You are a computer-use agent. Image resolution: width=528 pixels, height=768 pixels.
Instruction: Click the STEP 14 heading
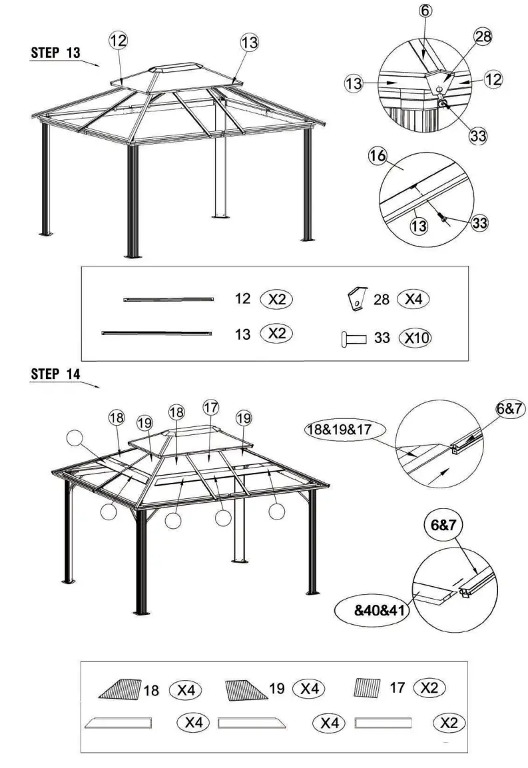[55, 374]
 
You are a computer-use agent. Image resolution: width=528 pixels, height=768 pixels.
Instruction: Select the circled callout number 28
[482, 37]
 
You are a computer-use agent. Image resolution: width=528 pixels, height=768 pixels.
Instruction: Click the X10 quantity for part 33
[415, 338]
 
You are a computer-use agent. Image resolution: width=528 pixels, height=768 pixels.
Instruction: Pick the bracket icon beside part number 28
[358, 299]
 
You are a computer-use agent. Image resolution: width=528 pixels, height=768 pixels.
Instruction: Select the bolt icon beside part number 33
[354, 339]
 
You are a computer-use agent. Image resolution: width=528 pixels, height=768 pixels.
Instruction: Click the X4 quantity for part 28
[413, 300]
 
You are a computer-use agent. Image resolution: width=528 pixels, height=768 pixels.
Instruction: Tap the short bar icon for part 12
[169, 300]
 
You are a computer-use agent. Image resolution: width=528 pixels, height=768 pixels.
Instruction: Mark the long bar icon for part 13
[157, 332]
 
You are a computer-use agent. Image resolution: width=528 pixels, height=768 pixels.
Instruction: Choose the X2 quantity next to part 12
[276, 299]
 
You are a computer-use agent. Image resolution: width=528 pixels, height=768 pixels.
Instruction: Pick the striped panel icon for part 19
[246, 689]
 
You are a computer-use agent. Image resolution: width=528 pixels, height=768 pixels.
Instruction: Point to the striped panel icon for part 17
[367, 687]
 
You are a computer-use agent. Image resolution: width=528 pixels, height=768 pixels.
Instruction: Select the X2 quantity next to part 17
[429, 687]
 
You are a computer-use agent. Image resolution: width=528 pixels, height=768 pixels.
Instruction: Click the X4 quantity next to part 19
[309, 689]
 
